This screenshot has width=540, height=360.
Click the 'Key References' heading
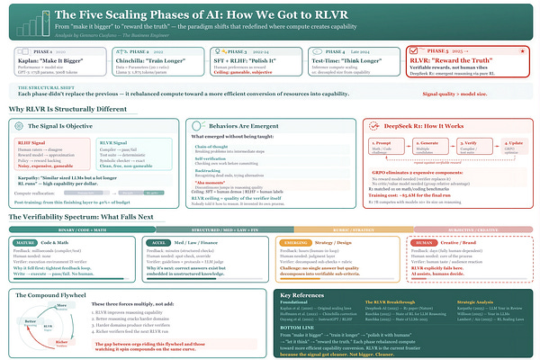[310, 295]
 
